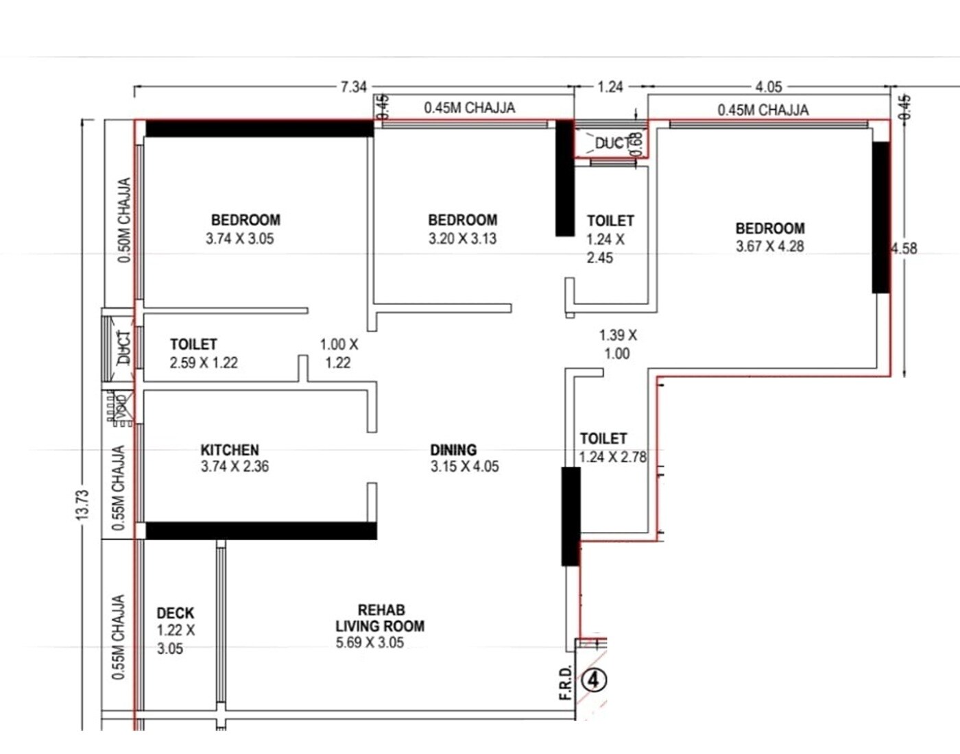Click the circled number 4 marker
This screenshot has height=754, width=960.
(594, 680)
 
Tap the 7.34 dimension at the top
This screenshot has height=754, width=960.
(354, 87)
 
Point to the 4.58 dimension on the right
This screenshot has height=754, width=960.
(904, 248)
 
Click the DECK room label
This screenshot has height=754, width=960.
(175, 613)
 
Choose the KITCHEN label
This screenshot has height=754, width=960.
(230, 450)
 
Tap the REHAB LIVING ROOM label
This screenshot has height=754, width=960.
(380, 618)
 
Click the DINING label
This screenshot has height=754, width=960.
(453, 450)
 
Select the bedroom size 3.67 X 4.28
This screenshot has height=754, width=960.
(770, 247)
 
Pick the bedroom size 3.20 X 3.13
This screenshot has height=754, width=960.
(463, 239)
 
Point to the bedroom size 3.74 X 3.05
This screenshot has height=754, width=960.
(240, 239)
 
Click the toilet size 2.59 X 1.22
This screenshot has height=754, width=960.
(204, 363)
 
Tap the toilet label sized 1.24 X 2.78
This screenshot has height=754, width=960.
(603, 439)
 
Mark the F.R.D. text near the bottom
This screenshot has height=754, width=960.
(566, 683)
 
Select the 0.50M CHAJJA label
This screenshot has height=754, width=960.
(124, 220)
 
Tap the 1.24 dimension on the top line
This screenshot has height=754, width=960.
(610, 87)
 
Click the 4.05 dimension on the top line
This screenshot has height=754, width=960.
(769, 87)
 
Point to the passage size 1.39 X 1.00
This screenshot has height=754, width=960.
(617, 344)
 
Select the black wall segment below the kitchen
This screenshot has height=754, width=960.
(261, 531)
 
